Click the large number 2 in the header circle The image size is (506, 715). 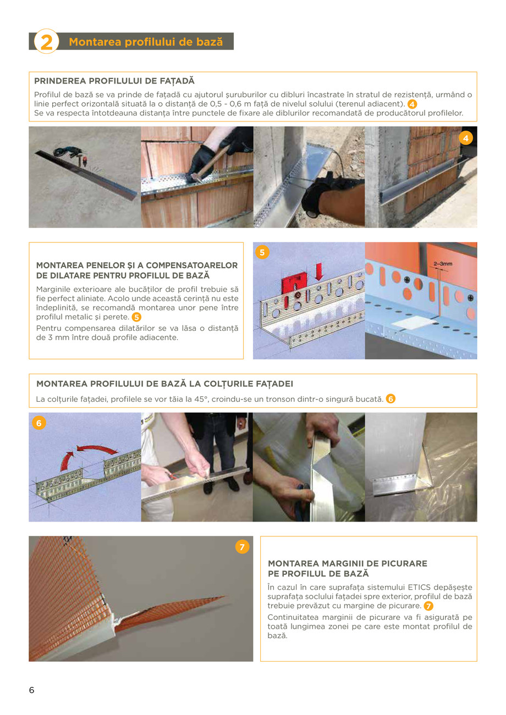47,42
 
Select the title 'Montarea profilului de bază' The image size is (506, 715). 146,42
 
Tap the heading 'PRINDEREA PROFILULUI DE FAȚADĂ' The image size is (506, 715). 114,81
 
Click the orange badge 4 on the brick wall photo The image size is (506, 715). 466,138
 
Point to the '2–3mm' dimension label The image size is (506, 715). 443,264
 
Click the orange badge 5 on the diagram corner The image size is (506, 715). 262,253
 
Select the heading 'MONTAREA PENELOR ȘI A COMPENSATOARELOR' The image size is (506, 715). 136,265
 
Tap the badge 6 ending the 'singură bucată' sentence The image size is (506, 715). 391,398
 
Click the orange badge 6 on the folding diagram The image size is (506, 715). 38,423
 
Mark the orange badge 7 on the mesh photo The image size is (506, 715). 241,547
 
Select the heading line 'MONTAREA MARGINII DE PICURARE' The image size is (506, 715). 347,563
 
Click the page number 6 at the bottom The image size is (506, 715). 32,690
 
